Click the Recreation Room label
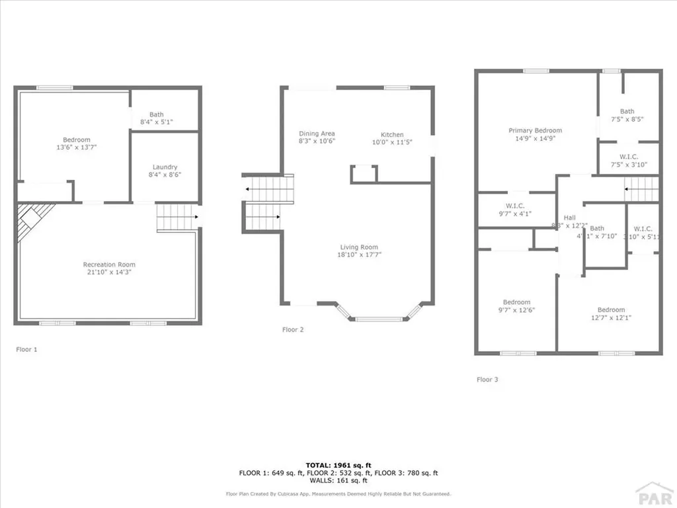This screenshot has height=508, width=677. coord(109,265)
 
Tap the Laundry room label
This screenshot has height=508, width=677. coord(165,167)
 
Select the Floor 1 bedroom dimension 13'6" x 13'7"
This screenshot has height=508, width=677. coord(77,148)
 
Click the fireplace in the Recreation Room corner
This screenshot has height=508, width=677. coord(34,220)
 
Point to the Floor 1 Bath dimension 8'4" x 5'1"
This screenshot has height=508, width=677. coord(156,122)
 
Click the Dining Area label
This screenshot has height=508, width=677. coord(317,134)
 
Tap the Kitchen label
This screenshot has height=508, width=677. coord(392,135)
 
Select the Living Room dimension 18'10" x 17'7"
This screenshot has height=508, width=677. coord(360,255)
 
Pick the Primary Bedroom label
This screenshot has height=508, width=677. coord(535,130)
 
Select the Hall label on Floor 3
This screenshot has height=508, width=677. coord(569,218)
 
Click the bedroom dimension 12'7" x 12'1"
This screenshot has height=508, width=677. coord(611,317)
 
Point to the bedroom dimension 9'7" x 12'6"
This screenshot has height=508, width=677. coord(516,310)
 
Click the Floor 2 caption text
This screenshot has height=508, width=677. coord(293,329)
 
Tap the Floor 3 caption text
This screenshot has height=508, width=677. coord(487,380)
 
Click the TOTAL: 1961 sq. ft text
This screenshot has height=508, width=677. coord(338,465)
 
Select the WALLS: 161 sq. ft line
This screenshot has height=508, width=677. coord(338,481)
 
